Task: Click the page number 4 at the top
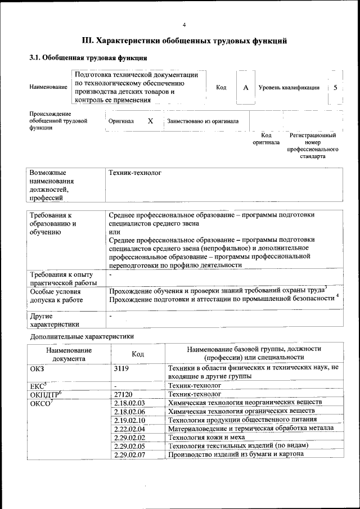184,25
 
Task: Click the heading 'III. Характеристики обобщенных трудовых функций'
184,41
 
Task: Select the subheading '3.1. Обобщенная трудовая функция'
88,58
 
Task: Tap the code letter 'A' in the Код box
245,88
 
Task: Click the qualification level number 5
335,88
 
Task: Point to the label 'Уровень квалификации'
289,88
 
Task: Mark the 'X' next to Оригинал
150,121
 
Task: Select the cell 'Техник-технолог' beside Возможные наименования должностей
134,173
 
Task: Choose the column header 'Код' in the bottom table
138,354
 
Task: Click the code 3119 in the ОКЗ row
121,368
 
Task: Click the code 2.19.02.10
129,420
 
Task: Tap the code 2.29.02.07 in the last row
129,454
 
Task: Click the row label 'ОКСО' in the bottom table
40,403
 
